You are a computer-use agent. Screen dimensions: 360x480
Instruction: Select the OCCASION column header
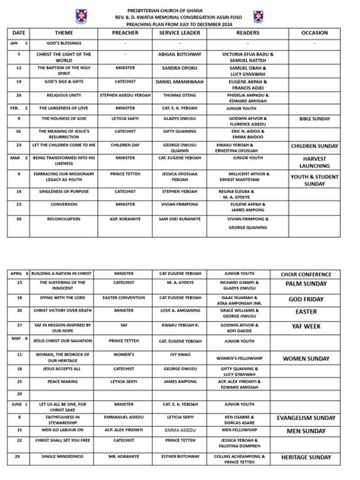coord(314,33)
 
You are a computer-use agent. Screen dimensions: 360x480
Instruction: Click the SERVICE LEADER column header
coord(178,33)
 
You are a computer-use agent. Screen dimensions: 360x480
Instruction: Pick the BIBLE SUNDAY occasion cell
coord(314,119)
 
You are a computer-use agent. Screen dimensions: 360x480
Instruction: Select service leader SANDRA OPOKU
coord(178,68)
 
